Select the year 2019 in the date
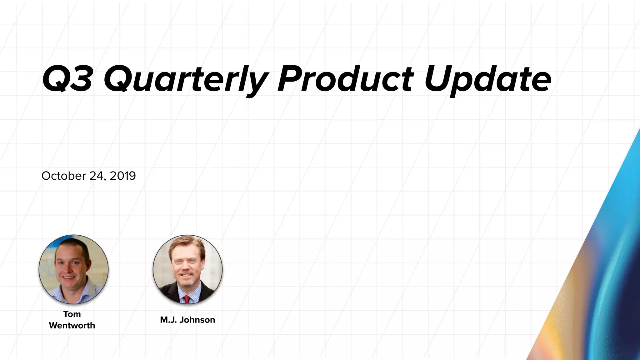(x=123, y=176)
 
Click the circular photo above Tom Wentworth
(x=73, y=269)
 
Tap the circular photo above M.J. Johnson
(x=187, y=269)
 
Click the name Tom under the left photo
(x=72, y=314)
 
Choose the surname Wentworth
(x=72, y=325)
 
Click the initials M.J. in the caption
(x=168, y=320)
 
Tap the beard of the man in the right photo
(x=186, y=282)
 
